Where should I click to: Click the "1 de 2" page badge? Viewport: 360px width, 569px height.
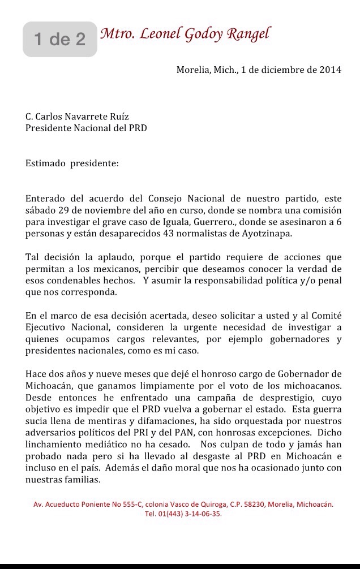click(60, 39)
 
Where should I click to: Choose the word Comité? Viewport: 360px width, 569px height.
click(325, 314)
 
